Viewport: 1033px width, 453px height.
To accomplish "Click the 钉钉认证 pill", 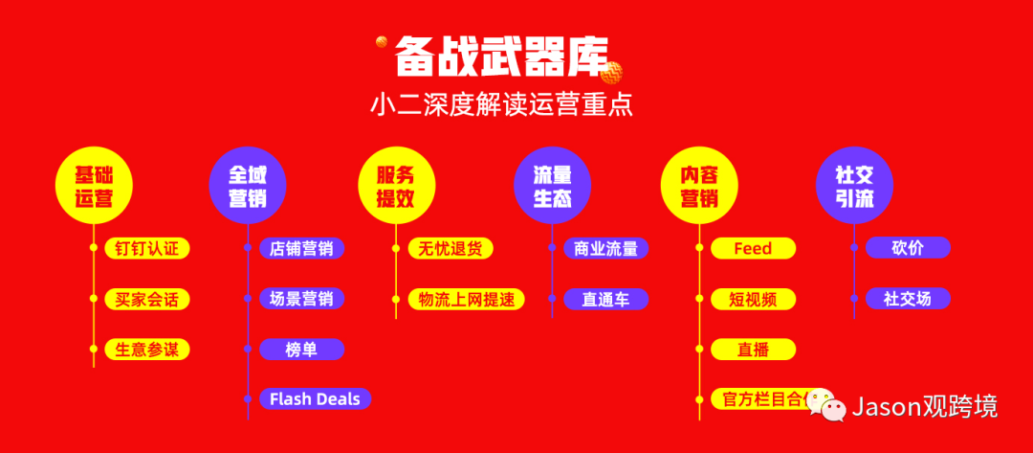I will [147, 249].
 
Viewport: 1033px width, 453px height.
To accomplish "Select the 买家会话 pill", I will [147, 299].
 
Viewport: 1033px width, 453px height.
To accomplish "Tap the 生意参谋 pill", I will [147, 350].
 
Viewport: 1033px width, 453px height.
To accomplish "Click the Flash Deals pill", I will [315, 398].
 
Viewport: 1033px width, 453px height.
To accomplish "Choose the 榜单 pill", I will [301, 350].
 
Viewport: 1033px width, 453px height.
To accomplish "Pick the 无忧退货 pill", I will [451, 249].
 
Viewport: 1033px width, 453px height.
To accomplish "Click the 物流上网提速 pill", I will [466, 299].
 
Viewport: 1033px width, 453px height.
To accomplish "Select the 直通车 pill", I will [605, 299].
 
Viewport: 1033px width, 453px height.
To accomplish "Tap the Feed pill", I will [753, 249].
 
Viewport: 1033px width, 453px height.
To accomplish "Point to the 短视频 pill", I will [753, 299].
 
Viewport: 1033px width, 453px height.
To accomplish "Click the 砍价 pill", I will [908, 249].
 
